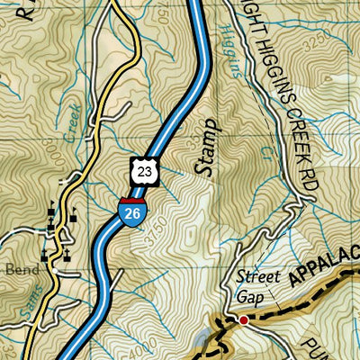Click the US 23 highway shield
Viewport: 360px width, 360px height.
(x=146, y=170)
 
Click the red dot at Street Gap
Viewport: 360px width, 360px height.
(x=243, y=319)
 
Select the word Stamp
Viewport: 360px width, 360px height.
(x=208, y=145)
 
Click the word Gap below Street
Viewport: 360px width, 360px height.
(x=248, y=295)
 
